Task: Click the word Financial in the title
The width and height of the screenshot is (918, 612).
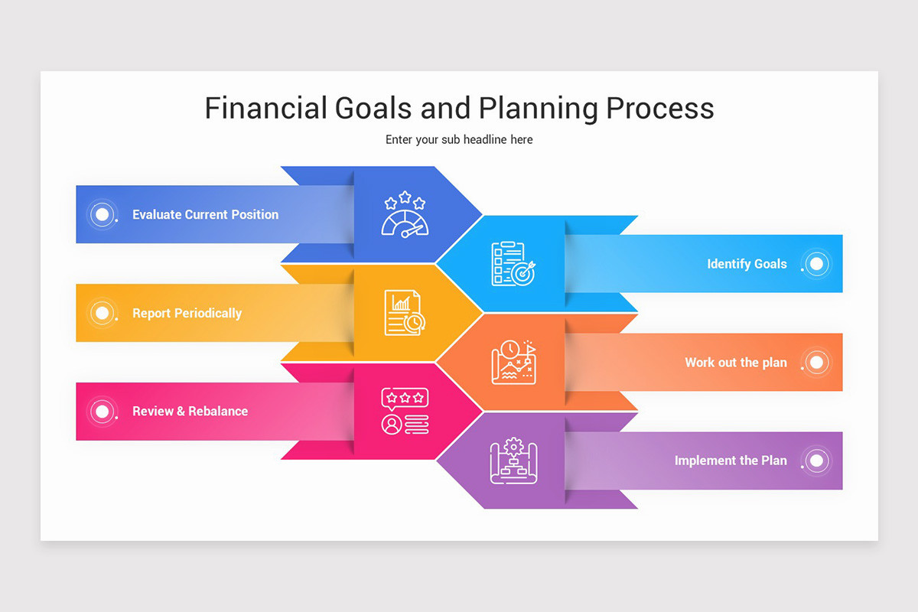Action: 265,108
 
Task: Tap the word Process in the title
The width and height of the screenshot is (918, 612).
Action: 660,108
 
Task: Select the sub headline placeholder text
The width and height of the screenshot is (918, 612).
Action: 459,140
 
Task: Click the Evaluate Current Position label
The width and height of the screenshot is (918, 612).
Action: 205,215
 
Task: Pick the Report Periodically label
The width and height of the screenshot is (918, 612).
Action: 187,313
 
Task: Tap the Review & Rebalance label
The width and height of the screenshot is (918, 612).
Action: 190,412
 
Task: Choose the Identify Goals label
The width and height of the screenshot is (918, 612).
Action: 747,264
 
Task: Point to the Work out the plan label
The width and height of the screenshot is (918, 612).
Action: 735,363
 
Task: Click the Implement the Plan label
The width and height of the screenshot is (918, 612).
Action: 730,461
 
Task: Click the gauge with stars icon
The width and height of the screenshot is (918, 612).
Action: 405,214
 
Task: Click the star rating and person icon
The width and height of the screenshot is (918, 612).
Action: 405,412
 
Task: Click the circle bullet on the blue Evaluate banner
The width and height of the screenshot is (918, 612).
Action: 101,214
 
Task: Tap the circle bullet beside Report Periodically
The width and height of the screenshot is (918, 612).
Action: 101,313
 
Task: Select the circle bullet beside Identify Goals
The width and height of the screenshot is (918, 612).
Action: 816,264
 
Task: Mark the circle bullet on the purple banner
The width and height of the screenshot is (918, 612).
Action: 816,461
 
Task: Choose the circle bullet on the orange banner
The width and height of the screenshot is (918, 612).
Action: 816,363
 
